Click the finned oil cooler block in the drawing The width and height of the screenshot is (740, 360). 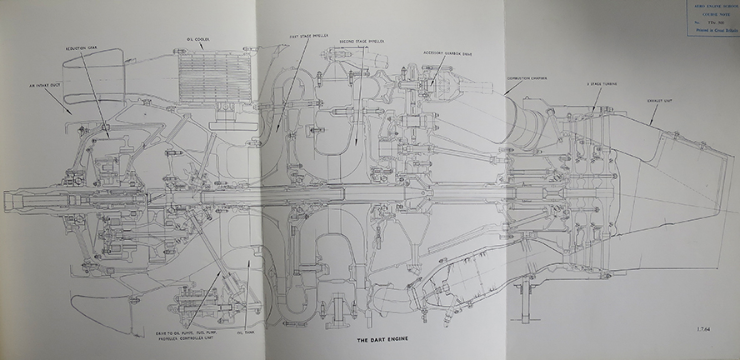(214, 75)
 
